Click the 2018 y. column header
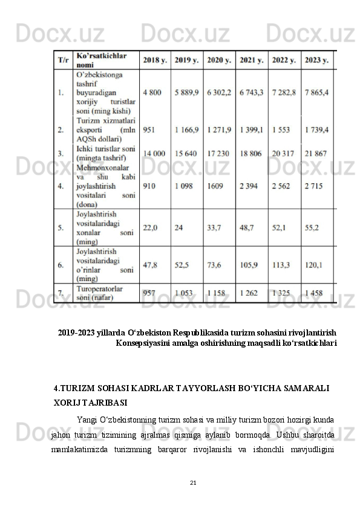click(154, 60)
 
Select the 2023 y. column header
click(317, 60)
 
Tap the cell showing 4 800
click(152, 92)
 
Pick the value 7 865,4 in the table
click(317, 92)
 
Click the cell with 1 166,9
click(186, 130)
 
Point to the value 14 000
click(154, 154)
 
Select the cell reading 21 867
click(318, 154)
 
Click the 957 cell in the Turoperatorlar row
click(149, 293)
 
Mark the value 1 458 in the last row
click(314, 293)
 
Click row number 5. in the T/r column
click(61, 227)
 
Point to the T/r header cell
click(63, 60)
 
